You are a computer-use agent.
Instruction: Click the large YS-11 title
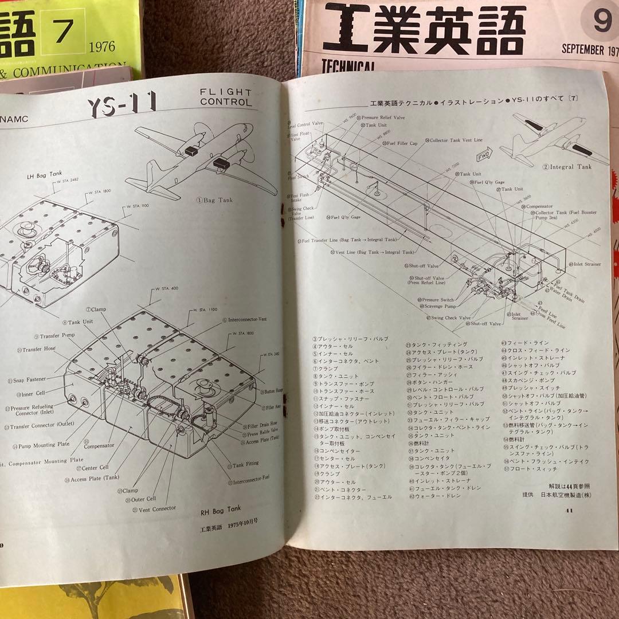tap(122, 105)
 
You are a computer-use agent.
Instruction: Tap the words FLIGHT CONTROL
tap(225, 97)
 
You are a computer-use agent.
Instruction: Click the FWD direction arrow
tap(482, 156)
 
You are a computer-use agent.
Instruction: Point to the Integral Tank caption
tap(567, 167)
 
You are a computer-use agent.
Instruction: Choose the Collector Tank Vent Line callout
tap(453, 140)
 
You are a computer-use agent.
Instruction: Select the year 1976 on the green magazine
tap(102, 46)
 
